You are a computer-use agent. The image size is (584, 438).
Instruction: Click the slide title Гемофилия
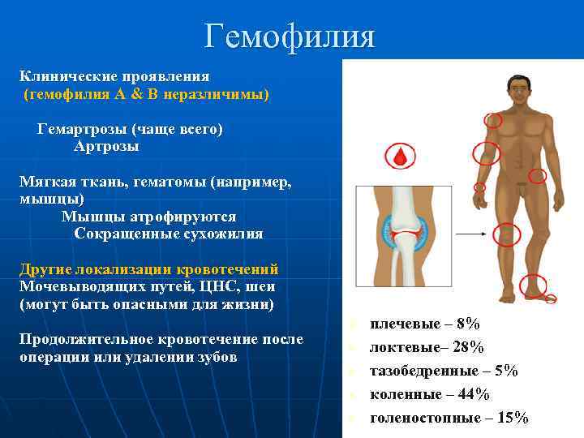290,36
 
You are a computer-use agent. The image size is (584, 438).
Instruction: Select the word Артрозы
106,147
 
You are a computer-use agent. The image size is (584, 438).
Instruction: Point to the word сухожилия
218,234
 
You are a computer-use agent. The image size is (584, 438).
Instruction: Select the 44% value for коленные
472,394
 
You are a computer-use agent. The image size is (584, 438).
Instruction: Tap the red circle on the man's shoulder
492,121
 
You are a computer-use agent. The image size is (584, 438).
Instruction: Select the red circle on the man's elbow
485,153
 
